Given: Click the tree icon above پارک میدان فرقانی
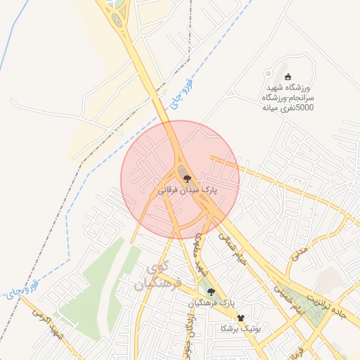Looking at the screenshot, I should click(186, 179).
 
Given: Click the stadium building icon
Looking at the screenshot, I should click(285, 77).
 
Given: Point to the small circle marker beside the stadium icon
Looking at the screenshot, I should click(267, 73).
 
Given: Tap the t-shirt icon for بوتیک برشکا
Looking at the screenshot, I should click(242, 319).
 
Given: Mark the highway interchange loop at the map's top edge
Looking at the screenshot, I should click(116, 14).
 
